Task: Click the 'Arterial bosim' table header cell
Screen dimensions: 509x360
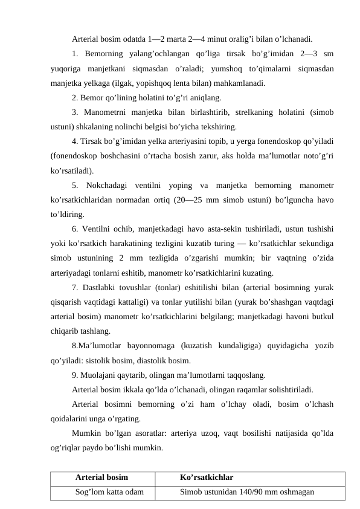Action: (101, 478)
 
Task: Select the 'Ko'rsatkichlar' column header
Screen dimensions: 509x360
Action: (207, 478)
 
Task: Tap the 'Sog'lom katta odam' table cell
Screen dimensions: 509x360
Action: (109, 491)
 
